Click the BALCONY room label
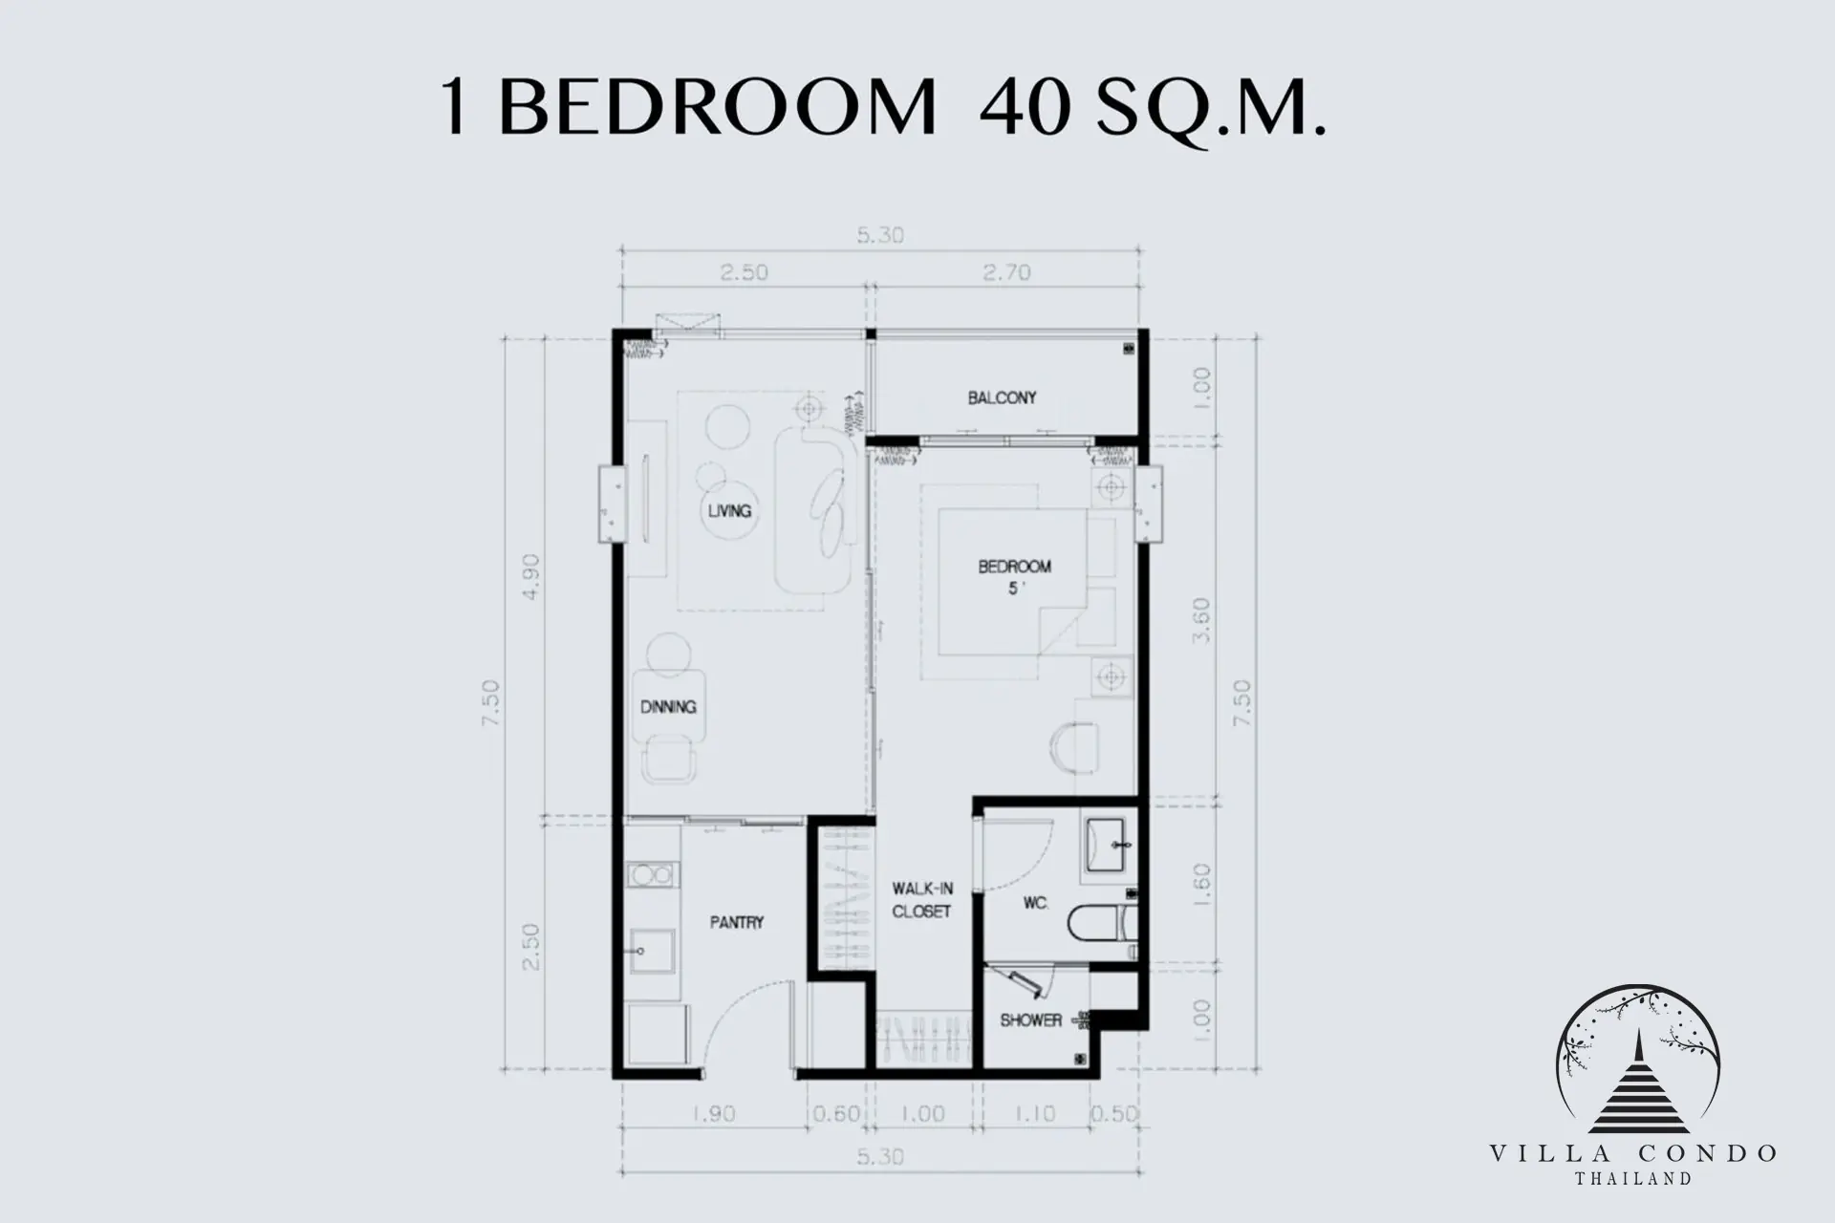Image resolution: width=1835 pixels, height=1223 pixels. click(x=1002, y=397)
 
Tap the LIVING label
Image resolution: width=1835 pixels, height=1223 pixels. click(x=729, y=510)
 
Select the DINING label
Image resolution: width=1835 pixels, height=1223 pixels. click(x=668, y=707)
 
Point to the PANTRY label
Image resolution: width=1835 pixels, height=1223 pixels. click(x=737, y=923)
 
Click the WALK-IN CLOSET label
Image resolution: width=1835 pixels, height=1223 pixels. click(x=922, y=900)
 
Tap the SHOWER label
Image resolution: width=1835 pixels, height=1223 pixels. click(x=1031, y=1020)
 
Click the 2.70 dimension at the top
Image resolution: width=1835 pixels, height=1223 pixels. click(x=1006, y=273)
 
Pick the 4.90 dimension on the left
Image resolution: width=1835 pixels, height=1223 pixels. click(x=532, y=577)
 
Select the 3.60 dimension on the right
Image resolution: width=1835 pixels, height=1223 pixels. click(x=1202, y=620)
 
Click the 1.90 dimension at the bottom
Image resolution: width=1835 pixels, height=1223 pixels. click(x=713, y=1114)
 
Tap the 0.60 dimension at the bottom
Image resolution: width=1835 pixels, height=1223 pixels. click(x=837, y=1114)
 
